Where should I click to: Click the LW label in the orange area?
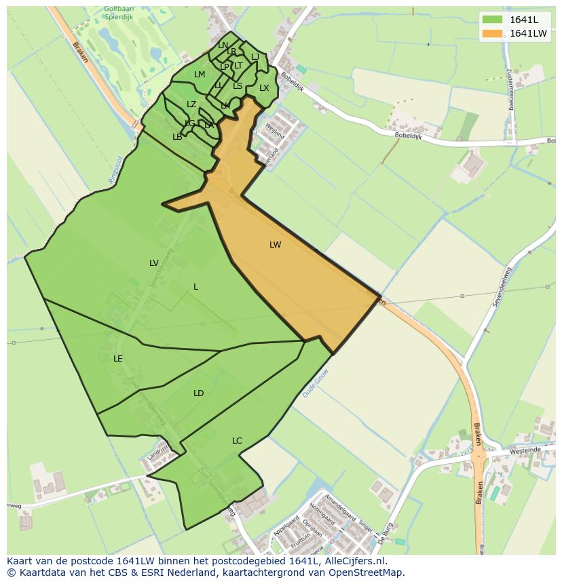click(x=275, y=245)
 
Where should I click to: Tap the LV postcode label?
click(x=154, y=262)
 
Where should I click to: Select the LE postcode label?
click(x=118, y=359)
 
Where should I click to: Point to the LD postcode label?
click(x=198, y=393)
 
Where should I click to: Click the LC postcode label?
click(x=237, y=441)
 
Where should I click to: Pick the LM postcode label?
click(x=200, y=75)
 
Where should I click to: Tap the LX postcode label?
click(x=264, y=88)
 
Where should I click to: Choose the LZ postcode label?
click(x=191, y=104)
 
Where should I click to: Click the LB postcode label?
click(x=177, y=137)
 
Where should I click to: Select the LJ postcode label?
click(x=255, y=57)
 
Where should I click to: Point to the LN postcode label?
click(x=223, y=45)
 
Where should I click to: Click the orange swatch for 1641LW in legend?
click(x=493, y=33)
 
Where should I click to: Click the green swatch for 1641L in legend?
click(x=493, y=20)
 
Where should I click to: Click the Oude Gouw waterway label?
click(x=315, y=385)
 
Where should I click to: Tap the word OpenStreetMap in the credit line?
click(x=368, y=572)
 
